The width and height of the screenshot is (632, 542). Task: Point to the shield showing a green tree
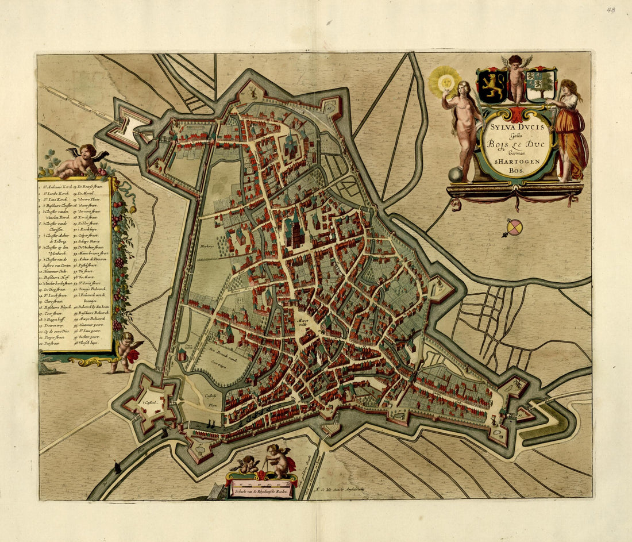[x=541, y=85]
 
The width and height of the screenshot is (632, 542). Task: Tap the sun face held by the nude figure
[x=445, y=82]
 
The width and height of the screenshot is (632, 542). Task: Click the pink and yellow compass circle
[x=515, y=228]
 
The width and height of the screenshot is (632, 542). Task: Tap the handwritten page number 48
[x=610, y=10]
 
